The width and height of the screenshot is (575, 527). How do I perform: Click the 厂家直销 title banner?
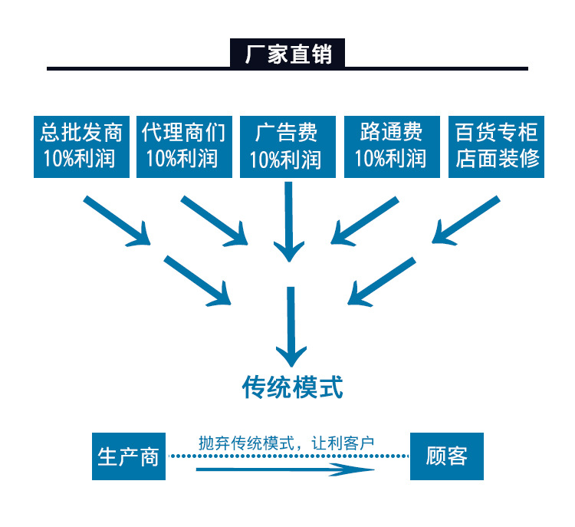point(287,54)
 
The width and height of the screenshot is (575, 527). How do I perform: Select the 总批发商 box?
point(81,147)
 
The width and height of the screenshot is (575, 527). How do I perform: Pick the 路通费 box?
point(390,147)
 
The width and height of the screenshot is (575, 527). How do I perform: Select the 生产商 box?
point(129,456)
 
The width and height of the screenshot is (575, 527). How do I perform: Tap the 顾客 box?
point(447,456)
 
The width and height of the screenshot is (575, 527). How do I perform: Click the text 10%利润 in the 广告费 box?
point(285,160)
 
